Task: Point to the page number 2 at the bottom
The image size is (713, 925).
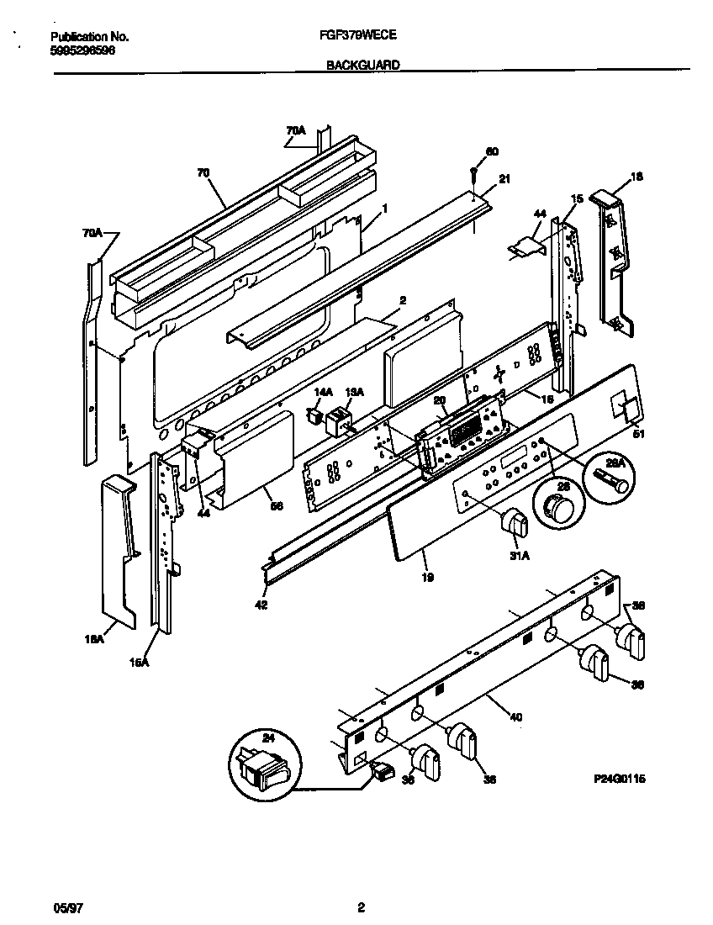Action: click(x=361, y=907)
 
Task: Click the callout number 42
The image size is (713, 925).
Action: click(x=261, y=604)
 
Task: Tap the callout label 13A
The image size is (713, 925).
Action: click(x=355, y=392)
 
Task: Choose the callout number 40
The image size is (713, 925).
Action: click(x=515, y=717)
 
